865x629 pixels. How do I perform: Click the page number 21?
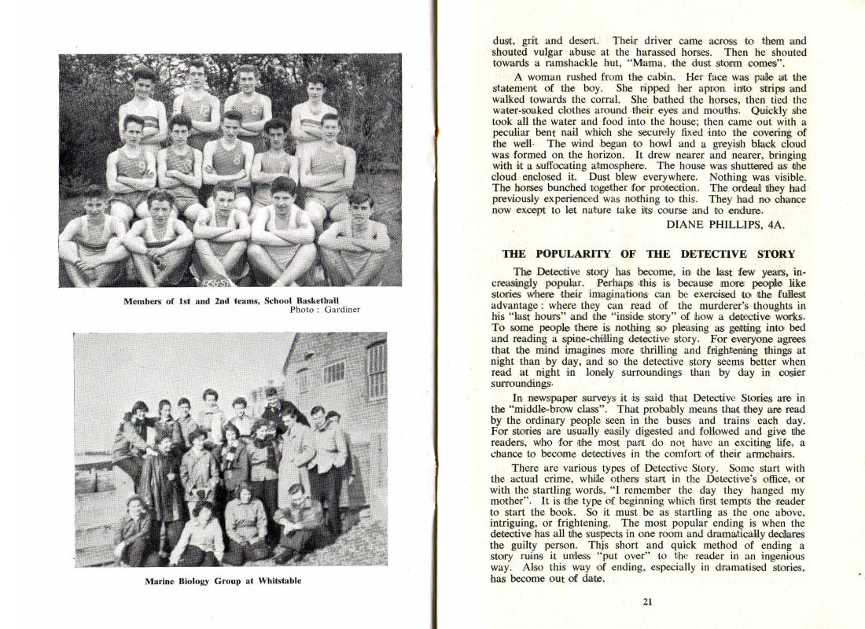pos(647,602)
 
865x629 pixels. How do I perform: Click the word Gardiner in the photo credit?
pos(340,309)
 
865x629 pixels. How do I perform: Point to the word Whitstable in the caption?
pos(274,582)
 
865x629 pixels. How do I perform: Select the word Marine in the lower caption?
pos(160,582)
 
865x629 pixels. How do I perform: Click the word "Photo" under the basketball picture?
pos(301,309)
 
